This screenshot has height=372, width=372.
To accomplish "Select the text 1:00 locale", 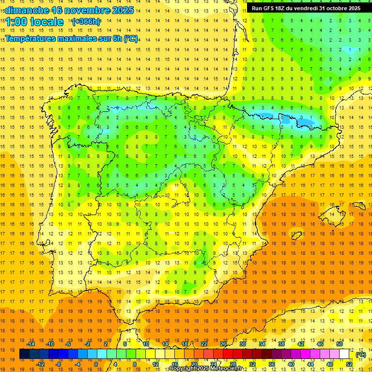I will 34,22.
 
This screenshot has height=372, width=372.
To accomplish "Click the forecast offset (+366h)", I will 86,22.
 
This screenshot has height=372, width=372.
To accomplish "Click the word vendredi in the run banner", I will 307,8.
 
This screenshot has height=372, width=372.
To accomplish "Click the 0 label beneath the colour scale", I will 96,364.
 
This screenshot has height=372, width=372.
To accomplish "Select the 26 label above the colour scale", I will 223,344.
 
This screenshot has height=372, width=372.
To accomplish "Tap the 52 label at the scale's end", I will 349,364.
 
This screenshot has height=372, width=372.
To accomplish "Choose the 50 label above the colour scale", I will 340,344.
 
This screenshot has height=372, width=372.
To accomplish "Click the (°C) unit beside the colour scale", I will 361,355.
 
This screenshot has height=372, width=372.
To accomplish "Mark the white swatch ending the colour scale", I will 349,355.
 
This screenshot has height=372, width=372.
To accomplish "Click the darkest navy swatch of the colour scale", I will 24,355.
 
